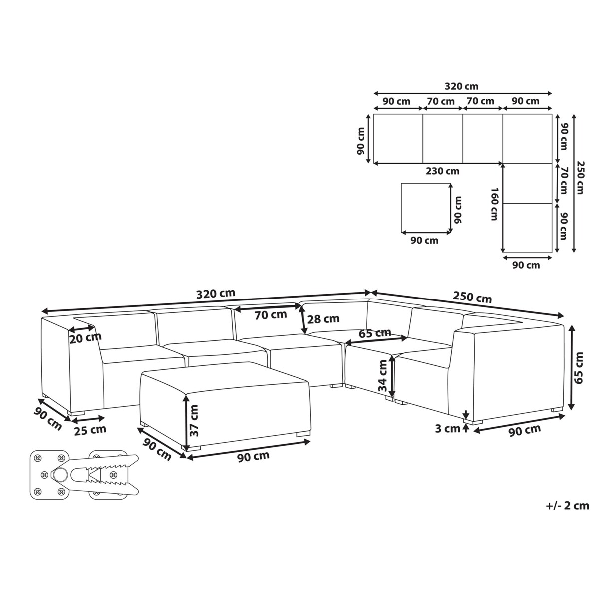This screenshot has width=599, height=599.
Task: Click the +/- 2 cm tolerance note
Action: pos(567,506)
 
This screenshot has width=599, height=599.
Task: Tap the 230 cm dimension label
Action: pos(442,171)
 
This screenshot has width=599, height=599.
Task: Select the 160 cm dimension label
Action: pos(494,204)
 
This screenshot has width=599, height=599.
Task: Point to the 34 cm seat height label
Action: pos(383,376)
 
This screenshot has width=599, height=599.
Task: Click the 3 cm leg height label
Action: pos(448,429)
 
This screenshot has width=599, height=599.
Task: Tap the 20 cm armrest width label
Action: pos(85,338)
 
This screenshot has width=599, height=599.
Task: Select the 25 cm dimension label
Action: pos(90,430)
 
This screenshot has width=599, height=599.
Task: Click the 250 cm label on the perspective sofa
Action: pos(472,298)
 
